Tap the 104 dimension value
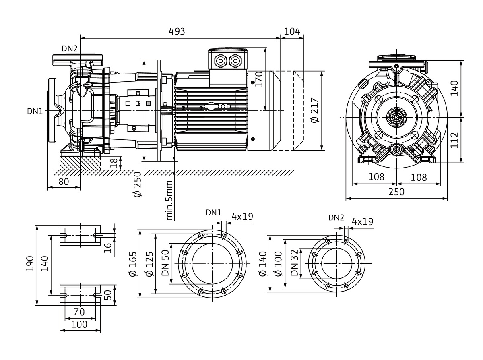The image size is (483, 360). point(293,31)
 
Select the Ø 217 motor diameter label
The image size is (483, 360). point(315,110)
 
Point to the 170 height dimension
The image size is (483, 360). point(258,80)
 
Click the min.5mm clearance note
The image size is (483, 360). point(169,200)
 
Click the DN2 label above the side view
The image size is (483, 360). point(69,48)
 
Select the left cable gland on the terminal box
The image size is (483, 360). point(221,61)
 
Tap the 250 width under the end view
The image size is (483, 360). point(396,192)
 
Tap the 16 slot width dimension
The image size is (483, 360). point(108,248)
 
